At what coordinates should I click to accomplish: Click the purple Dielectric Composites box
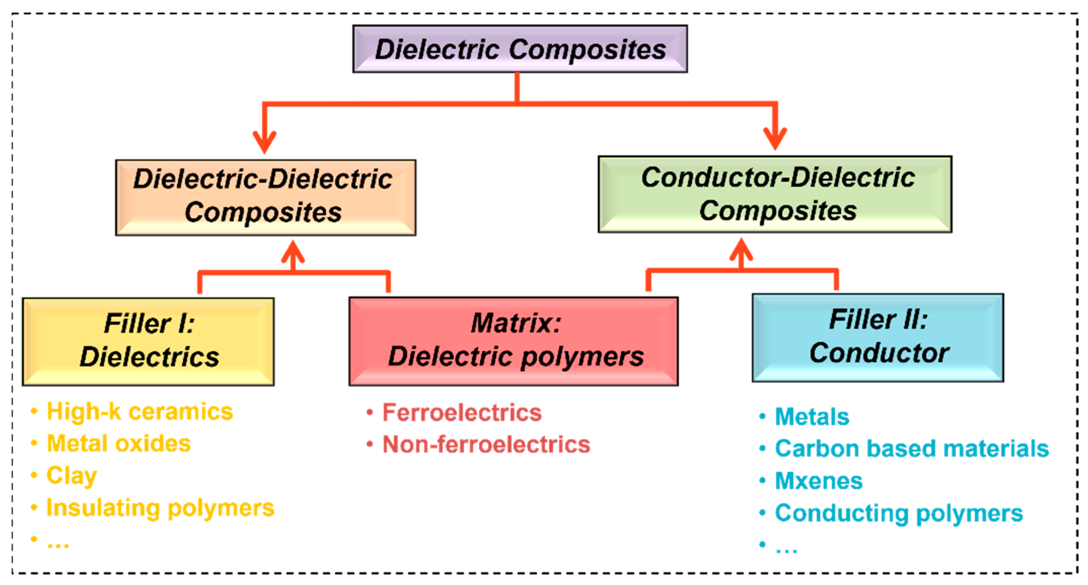point(520,49)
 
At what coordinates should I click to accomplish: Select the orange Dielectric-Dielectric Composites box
point(265,197)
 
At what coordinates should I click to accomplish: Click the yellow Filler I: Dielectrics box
point(148,341)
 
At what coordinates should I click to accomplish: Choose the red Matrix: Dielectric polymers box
point(513,341)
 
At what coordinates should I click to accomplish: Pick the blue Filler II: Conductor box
point(877,337)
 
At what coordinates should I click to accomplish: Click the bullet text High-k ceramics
point(139,411)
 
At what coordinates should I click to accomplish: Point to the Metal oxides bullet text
point(119,443)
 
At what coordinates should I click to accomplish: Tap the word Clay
point(72,476)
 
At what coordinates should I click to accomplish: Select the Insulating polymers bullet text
point(160,508)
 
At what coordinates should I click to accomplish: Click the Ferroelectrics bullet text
point(461,412)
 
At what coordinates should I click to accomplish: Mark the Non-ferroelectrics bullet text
point(486,444)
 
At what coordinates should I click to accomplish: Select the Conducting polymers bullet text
point(898,513)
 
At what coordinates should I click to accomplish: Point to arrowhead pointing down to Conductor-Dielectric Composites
point(775,139)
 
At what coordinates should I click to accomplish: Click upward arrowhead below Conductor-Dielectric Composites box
point(741,249)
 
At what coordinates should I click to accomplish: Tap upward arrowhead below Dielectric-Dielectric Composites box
point(293,251)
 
